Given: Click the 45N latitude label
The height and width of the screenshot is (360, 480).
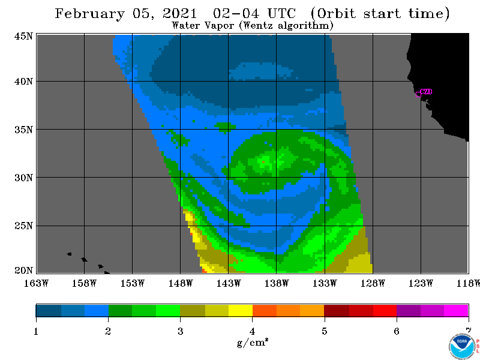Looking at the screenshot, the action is pos(23,36).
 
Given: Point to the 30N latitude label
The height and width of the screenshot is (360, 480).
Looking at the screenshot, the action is pos(23,178).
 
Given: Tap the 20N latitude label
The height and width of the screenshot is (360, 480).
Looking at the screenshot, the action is pos(23,270).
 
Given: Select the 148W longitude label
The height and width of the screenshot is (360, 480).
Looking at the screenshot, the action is pos(181,283).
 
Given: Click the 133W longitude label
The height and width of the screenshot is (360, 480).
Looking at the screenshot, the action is pos(325,283).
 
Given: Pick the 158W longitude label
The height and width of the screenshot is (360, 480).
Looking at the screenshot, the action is pos(84,283).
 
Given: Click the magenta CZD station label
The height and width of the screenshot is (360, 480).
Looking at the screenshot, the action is pos(426,91).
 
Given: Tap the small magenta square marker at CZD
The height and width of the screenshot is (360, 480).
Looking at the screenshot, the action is pos(418,94).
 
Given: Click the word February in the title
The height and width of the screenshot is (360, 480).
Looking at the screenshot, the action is pos(90,14).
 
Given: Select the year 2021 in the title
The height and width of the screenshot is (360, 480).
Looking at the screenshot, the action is pos(179,13).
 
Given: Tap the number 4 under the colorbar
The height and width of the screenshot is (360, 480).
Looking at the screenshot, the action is pos(252,331).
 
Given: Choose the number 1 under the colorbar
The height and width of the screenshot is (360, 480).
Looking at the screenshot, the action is pos(36,331).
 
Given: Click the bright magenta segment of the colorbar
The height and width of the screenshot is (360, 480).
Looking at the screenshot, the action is pos(456,310).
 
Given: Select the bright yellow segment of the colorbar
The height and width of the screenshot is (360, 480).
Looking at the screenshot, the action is pos(241,310).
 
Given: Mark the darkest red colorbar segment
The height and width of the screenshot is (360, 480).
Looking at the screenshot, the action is pos(337,310).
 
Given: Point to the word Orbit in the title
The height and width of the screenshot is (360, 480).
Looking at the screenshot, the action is pos(336,14).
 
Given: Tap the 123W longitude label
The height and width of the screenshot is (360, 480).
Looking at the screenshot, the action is pos(421,283).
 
